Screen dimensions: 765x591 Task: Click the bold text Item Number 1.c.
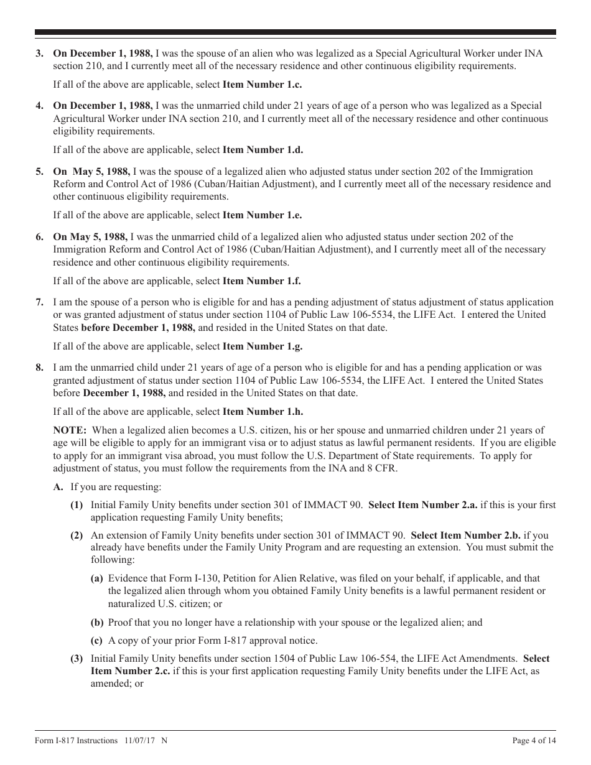(x=262, y=85)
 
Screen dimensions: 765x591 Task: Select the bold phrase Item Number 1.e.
(x=262, y=215)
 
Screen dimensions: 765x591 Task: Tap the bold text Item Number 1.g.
(x=263, y=346)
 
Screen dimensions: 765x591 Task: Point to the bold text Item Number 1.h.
(x=263, y=412)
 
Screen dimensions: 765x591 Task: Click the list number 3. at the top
(x=39, y=53)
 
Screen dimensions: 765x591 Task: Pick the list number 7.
(x=39, y=302)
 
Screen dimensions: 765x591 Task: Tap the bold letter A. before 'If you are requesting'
(x=58, y=488)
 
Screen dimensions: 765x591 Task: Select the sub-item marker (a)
(x=97, y=578)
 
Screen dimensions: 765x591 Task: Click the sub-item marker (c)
(x=97, y=641)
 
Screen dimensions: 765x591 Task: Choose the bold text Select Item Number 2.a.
(x=423, y=505)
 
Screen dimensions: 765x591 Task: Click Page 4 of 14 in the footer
(x=534, y=741)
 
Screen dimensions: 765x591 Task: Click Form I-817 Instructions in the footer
(x=76, y=741)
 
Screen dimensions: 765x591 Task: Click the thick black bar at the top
(x=295, y=32)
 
